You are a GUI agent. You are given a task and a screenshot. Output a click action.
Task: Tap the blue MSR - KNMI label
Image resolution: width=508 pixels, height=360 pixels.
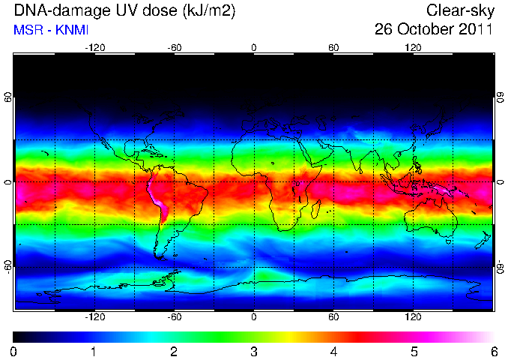[51, 30]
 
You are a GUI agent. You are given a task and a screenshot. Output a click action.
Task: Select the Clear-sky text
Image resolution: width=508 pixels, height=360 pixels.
[460, 10]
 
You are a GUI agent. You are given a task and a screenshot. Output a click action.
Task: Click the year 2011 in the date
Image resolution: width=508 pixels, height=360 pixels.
[476, 29]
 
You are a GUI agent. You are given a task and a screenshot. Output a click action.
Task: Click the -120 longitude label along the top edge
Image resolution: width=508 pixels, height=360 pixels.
[94, 48]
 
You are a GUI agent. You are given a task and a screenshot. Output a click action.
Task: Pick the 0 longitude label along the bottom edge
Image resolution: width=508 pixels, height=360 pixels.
[254, 316]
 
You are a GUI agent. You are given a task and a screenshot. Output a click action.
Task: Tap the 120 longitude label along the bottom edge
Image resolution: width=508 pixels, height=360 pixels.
[413, 316]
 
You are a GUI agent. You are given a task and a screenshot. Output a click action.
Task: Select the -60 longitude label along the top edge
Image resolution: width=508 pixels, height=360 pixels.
[175, 48]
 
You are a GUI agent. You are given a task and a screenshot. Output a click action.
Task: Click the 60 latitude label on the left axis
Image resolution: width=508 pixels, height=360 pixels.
[7, 97]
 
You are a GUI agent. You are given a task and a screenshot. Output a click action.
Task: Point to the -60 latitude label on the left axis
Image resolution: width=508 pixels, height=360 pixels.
[7, 267]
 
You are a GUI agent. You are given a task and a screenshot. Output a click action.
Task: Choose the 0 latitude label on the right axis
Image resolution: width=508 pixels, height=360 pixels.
[501, 182]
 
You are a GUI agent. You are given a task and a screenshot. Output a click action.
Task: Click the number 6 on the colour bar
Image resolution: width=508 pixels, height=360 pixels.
[494, 352]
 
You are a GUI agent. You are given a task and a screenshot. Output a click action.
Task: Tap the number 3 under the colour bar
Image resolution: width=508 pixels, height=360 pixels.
[254, 352]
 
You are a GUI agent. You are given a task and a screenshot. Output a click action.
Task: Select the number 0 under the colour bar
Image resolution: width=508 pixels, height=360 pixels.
[13, 352]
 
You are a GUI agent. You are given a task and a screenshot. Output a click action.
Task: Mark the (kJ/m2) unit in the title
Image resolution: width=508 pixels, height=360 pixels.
[209, 10]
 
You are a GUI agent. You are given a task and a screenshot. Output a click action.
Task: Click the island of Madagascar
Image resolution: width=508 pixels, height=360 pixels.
[316, 208]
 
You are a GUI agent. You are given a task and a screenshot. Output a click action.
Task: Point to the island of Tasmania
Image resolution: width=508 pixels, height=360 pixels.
[448, 241]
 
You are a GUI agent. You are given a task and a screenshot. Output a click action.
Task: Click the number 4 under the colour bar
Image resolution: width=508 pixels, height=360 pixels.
[333, 352]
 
